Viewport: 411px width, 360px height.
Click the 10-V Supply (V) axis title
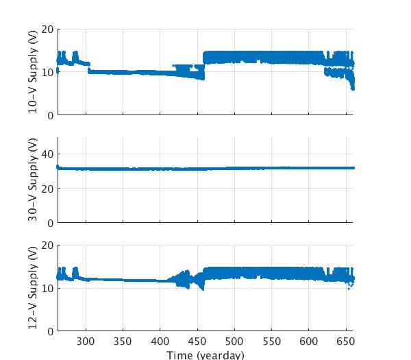[x=34, y=72]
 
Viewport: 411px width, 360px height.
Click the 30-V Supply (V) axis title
[x=34, y=180]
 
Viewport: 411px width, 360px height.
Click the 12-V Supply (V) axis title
[x=34, y=288]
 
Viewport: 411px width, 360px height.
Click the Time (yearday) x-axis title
[x=205, y=355]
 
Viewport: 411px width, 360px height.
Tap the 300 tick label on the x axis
[x=86, y=341]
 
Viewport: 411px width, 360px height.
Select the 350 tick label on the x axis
[x=123, y=341]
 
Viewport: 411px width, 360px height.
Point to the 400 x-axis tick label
[x=160, y=341]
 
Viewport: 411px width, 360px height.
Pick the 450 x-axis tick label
[x=197, y=341]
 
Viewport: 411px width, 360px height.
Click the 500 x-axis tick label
[x=234, y=341]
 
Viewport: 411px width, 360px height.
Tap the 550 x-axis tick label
[x=272, y=341]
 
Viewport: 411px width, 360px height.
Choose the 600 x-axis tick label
[x=309, y=341]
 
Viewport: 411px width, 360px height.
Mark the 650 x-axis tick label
[x=346, y=341]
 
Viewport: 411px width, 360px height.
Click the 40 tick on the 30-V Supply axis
[x=48, y=154]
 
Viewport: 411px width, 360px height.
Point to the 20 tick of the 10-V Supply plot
[x=48, y=29]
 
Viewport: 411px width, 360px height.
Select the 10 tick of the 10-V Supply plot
[x=48, y=73]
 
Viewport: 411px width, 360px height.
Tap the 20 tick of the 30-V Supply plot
[x=48, y=189]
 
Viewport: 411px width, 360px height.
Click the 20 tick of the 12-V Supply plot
[x=48, y=245]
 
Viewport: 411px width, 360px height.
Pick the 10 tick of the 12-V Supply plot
[x=48, y=289]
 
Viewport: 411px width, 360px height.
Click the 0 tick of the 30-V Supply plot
[x=51, y=224]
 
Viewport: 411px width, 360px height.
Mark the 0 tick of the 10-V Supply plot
[x=51, y=116]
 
